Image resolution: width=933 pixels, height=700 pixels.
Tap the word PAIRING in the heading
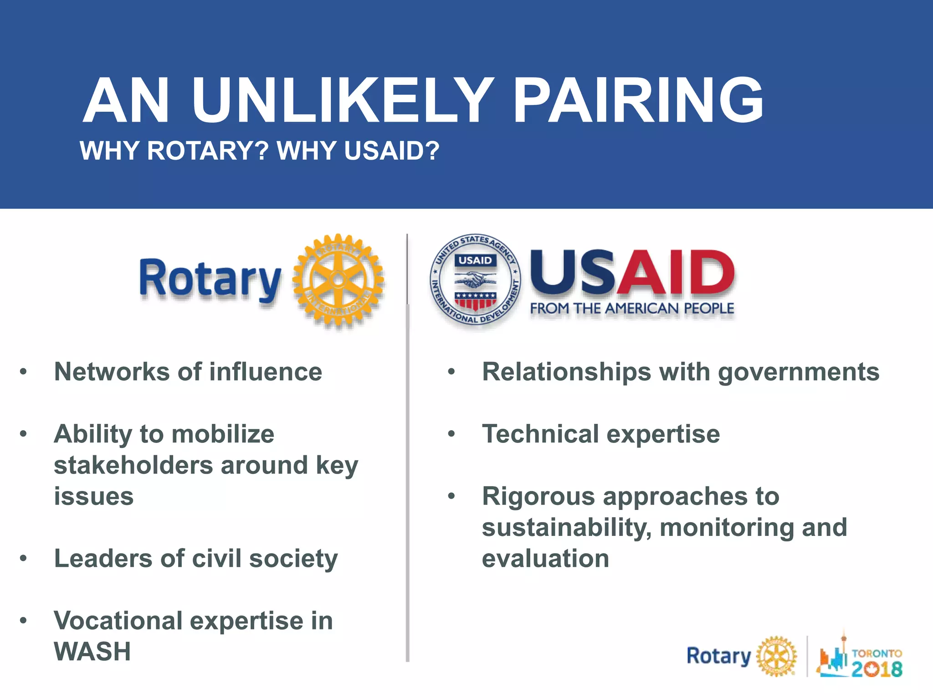(x=638, y=101)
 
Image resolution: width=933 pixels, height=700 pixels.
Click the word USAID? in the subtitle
(x=392, y=151)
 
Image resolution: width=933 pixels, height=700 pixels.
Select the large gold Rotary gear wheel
(x=338, y=280)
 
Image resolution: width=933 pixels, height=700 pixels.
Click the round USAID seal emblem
(x=476, y=280)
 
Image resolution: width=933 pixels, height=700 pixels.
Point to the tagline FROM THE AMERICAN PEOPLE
(x=632, y=309)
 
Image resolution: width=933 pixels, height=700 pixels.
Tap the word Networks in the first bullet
(x=112, y=372)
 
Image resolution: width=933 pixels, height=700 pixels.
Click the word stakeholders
(x=133, y=465)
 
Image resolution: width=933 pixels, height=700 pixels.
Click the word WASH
(x=92, y=652)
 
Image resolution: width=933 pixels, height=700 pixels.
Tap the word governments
(x=798, y=372)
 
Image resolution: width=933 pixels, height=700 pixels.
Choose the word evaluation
(x=545, y=559)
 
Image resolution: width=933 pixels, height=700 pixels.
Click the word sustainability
(x=567, y=528)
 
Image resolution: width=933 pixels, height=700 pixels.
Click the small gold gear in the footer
(x=776, y=657)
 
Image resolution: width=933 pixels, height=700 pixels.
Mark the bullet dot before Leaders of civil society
(x=24, y=558)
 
